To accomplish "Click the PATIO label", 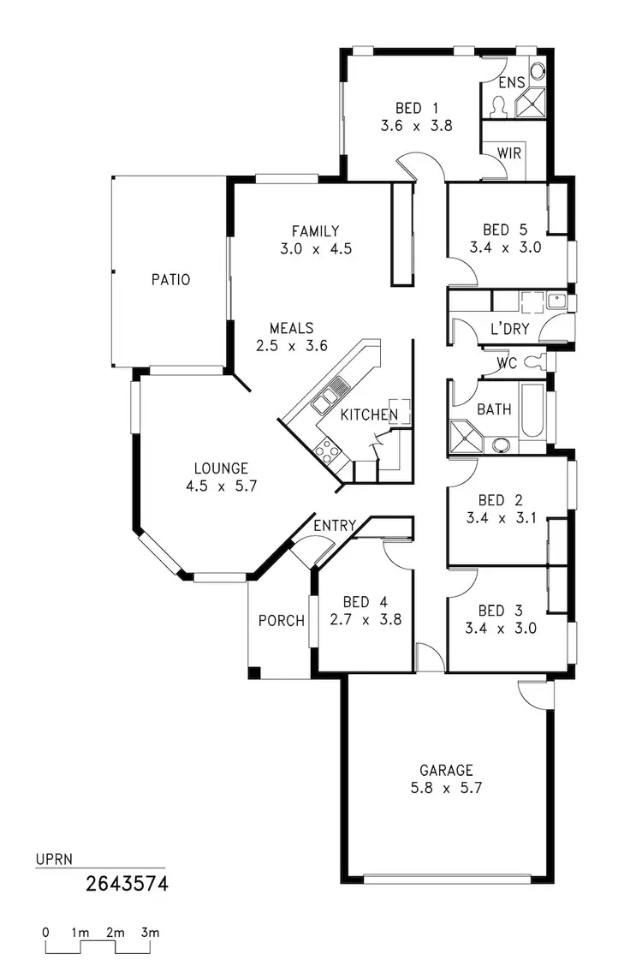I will (170, 280).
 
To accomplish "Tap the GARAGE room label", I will (446, 770).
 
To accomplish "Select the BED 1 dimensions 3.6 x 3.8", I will (416, 125).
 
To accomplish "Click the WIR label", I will (508, 152).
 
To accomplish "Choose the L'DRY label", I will (509, 329).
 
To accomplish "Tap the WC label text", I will (506, 363).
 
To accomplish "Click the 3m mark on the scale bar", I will (151, 932).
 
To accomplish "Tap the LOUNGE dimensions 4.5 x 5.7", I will (221, 486).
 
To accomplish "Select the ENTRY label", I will (335, 526).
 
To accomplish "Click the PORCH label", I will (282, 620).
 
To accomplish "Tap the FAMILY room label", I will (315, 231).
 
